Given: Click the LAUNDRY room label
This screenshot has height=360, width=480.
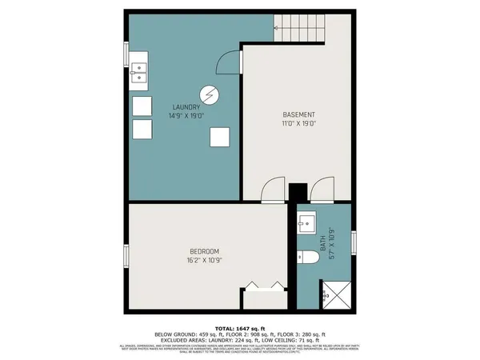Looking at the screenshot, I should coord(186,106).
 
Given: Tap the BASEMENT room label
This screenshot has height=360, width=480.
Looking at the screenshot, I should coord(298,114).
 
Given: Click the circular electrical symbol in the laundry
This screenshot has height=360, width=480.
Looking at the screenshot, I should coord(210,95).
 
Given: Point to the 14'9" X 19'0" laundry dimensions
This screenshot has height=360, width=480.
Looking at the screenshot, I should coord(186,116).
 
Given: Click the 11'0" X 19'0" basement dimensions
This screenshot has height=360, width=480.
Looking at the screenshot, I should coord(298,123).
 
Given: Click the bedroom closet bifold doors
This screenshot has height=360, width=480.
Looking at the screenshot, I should coord(264,285).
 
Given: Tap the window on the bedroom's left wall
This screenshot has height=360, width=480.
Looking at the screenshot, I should coord(124,257).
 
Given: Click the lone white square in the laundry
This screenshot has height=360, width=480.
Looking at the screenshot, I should coord(219,137).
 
